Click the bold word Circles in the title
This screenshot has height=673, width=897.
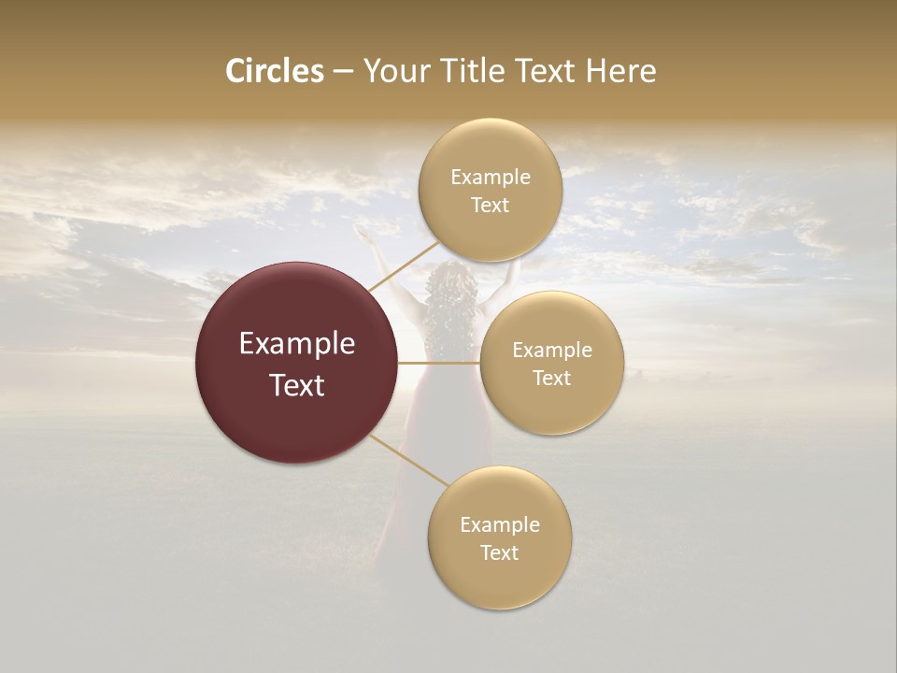pyautogui.click(x=275, y=71)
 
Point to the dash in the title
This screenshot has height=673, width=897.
pyautogui.click(x=343, y=72)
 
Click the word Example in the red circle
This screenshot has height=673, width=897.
pyautogui.click(x=297, y=344)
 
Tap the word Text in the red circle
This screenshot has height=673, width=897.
pyautogui.click(x=297, y=385)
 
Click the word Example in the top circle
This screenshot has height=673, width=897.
pyautogui.click(x=491, y=178)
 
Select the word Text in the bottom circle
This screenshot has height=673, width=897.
pyautogui.click(x=499, y=552)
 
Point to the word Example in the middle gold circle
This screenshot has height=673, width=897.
pyautogui.click(x=552, y=351)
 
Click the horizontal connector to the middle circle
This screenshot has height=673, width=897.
pyautogui.click(x=439, y=362)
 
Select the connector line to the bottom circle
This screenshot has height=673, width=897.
pyautogui.click(x=408, y=461)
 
